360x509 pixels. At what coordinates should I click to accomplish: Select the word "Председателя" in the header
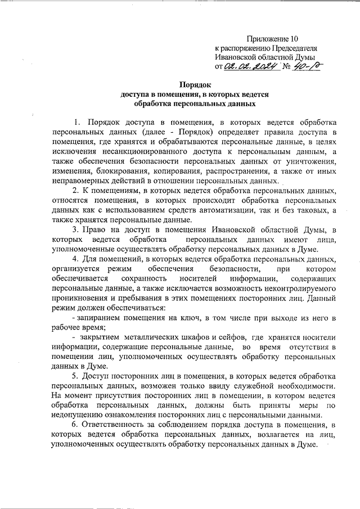coord(291,48)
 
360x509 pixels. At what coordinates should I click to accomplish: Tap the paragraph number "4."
coord(76,260)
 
